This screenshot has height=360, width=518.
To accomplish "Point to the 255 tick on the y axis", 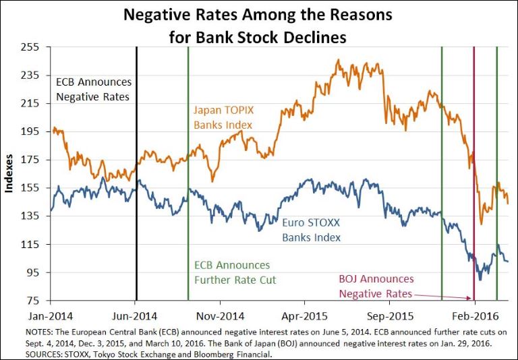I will point(32,47).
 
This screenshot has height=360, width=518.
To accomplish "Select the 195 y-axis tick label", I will point(32,131).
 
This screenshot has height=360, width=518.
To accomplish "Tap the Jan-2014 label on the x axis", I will point(51,316).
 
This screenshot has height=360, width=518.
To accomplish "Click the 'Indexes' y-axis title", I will point(9,174).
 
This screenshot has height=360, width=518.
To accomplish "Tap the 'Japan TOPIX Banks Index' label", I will point(223,117).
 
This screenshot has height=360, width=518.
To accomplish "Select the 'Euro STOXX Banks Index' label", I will point(311,229).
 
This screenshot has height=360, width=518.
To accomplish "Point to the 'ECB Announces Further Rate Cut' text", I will point(232,272).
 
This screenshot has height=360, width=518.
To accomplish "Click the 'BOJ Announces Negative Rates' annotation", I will point(376,286).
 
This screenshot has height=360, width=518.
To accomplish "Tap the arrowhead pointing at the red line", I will point(469,297).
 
